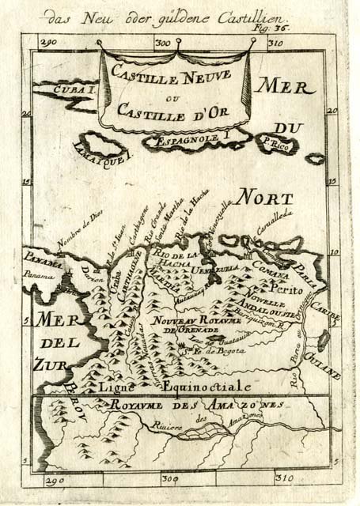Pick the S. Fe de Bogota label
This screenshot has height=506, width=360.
pos(207,351)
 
